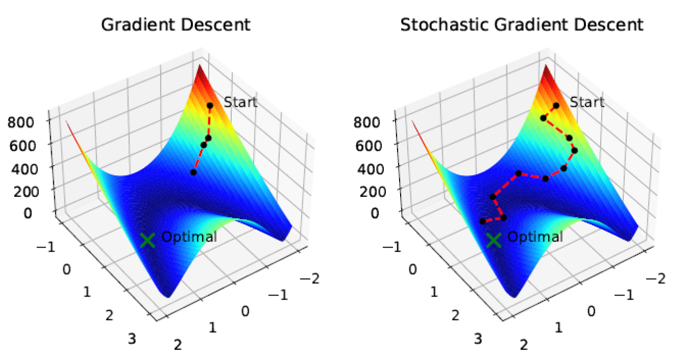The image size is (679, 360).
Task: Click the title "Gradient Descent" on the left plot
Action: click(176, 25)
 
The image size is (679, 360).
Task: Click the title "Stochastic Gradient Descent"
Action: click(521, 25)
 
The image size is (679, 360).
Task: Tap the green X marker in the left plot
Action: click(147, 240)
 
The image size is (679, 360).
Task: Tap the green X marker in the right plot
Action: click(494, 240)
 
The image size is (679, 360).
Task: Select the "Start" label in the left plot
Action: click(240, 102)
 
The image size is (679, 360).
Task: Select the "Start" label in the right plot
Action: click(587, 102)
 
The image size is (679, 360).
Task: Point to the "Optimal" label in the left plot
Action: click(189, 237)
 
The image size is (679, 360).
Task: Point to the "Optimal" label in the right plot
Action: click(535, 237)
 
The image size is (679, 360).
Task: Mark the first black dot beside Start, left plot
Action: click(210, 105)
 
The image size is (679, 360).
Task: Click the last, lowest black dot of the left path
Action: click(193, 172)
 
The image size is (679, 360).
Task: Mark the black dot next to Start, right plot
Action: click(556, 105)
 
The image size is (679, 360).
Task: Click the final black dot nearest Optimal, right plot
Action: click(482, 221)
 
